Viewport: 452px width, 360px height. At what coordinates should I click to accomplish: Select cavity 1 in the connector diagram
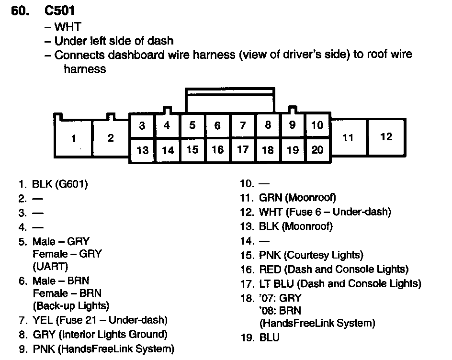pyautogui.click(x=73, y=139)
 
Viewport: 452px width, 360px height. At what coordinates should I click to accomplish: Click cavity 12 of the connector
pyautogui.click(x=386, y=137)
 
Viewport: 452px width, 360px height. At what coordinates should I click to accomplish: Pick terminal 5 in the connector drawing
pyautogui.click(x=192, y=125)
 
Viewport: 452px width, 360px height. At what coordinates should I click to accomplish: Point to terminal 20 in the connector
pyautogui.click(x=317, y=150)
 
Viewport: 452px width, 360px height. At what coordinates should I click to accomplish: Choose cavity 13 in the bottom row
pyautogui.click(x=142, y=150)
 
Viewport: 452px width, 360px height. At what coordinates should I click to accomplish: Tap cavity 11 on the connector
pyautogui.click(x=348, y=138)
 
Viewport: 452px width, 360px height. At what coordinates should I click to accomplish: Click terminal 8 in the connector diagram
pyautogui.click(x=268, y=125)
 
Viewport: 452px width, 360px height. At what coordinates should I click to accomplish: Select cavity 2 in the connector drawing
pyautogui.click(x=111, y=138)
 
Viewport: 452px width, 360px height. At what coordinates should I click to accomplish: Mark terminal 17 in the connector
pyautogui.click(x=243, y=150)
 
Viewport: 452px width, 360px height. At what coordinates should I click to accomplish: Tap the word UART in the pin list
pyautogui.click(x=51, y=267)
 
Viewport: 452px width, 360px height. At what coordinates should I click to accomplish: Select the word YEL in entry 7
pyautogui.click(x=42, y=320)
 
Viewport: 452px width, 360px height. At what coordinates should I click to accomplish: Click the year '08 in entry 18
pyautogui.click(x=267, y=311)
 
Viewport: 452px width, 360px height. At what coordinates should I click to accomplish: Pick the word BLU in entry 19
pyautogui.click(x=269, y=337)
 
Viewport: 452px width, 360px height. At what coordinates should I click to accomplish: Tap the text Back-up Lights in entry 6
pyautogui.click(x=71, y=305)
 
